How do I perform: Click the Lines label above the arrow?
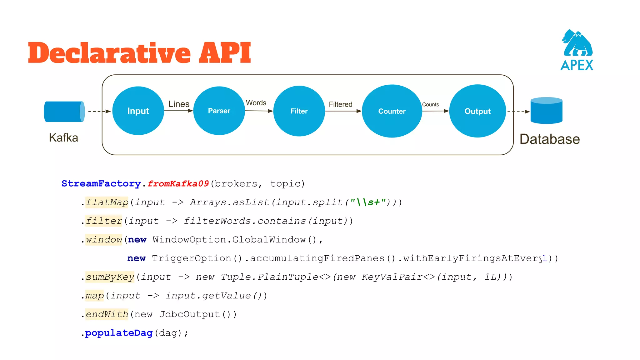coord(179,104)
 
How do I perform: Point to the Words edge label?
coord(256,103)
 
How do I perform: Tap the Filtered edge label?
coord(340,104)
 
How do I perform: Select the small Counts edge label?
coord(430,105)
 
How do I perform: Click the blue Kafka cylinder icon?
coord(64,112)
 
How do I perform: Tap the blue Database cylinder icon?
coord(546,111)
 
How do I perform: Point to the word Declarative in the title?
coord(109,53)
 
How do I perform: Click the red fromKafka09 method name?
coord(178,183)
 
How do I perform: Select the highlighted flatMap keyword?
coord(107,202)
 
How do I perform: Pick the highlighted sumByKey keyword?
coord(110,277)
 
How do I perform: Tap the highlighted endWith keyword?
coord(107,314)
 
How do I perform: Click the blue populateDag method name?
coord(119,333)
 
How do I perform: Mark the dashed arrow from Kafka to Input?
coord(99,111)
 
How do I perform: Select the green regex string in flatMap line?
coord(367,202)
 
